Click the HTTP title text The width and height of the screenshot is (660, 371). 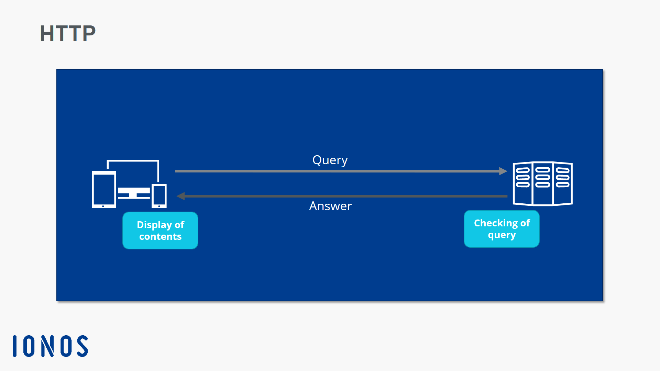(x=68, y=34)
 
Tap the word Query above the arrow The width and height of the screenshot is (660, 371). (x=330, y=160)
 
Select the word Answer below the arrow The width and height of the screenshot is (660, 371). (x=330, y=206)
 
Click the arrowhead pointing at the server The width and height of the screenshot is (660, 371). (x=503, y=171)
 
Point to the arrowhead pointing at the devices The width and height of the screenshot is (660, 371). (x=180, y=196)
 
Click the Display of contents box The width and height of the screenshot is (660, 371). (x=160, y=231)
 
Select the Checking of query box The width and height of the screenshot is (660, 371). (x=502, y=229)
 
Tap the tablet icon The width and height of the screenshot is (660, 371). (x=104, y=189)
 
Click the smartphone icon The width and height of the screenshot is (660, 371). (x=159, y=196)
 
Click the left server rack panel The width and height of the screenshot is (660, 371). (x=522, y=184)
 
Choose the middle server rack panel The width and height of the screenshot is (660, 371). (x=542, y=184)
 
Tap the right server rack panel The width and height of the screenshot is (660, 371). (x=563, y=184)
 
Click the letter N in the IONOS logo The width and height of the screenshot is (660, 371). (x=47, y=346)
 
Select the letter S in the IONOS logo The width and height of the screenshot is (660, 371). (x=82, y=346)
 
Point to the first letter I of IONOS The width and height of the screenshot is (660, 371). (x=15, y=346)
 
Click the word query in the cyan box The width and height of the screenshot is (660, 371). (x=502, y=235)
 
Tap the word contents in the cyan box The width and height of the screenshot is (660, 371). (x=160, y=237)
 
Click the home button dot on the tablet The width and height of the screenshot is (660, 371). (x=103, y=206)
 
